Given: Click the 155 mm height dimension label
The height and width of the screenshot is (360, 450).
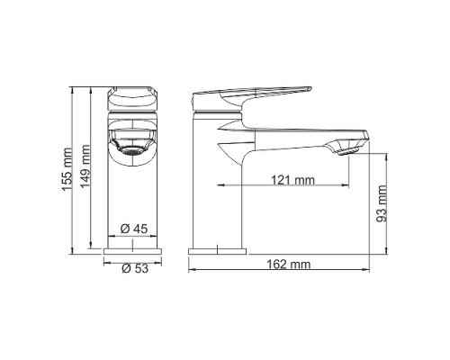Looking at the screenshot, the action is [x=67, y=169].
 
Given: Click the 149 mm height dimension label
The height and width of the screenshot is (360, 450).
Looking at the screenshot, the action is [x=86, y=166].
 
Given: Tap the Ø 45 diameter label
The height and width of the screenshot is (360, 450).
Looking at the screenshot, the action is [x=134, y=229].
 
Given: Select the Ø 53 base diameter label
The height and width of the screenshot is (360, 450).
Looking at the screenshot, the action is [x=135, y=268].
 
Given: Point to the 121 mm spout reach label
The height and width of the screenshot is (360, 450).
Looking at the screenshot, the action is [x=292, y=180].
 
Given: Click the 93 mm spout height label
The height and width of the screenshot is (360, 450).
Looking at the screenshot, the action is [x=382, y=203].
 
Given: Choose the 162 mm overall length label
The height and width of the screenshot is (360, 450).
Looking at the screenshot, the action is [x=289, y=265].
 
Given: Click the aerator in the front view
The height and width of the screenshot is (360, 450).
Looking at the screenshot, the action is [x=132, y=150].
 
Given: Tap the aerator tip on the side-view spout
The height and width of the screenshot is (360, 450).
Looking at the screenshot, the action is [x=348, y=152].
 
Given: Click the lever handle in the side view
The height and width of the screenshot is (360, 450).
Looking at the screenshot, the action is [x=251, y=95].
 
